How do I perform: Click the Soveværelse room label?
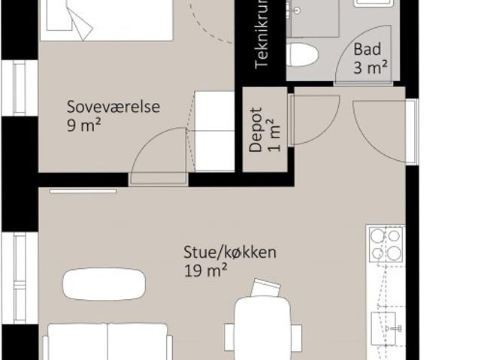click(113, 107)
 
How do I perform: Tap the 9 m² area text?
click(83, 125)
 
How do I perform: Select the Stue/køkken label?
click(230, 252)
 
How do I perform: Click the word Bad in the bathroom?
click(368, 51)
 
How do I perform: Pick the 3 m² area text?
click(371, 69)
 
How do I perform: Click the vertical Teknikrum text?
click(262, 38)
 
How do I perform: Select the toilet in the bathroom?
click(303, 55)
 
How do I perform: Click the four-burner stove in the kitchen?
click(386, 244)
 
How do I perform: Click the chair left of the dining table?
click(230, 336)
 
